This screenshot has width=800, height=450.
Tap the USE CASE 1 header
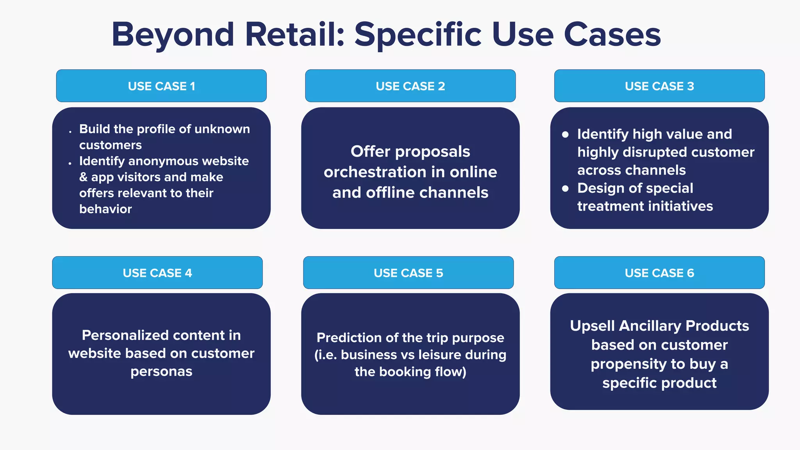click(161, 86)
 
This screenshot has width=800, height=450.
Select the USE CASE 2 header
click(410, 86)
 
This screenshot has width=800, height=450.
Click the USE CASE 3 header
click(659, 86)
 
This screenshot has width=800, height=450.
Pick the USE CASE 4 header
click(157, 273)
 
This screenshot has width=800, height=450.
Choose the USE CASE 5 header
click(408, 273)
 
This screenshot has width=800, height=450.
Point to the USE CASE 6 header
click(659, 273)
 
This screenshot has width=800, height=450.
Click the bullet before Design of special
click(565, 189)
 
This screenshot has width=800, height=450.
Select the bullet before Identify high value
click(565, 135)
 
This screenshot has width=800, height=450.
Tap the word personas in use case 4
click(161, 371)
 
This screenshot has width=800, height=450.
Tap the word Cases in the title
click(612, 34)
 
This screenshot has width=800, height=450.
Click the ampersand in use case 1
click(83, 177)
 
